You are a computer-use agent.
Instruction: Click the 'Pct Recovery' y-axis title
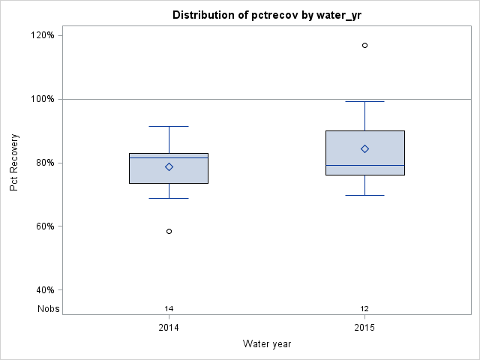click(14, 163)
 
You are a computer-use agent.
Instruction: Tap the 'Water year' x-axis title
click(266, 343)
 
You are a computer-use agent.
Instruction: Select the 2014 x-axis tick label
click(169, 328)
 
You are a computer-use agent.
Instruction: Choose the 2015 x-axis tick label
click(364, 328)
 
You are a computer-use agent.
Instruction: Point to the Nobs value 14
click(169, 308)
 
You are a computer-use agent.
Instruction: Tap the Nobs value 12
click(364, 308)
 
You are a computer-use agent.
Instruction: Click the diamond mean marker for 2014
click(169, 166)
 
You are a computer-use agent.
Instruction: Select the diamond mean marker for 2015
click(364, 148)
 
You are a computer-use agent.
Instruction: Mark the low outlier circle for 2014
click(169, 231)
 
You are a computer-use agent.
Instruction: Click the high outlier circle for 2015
click(364, 45)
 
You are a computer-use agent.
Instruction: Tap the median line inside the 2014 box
click(169, 157)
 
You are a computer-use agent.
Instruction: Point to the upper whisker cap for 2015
click(364, 101)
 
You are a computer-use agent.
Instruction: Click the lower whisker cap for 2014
click(169, 198)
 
